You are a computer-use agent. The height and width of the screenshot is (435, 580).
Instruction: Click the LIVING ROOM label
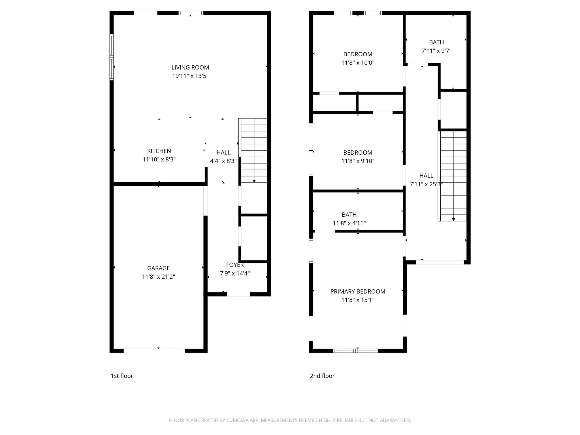click(x=190, y=67)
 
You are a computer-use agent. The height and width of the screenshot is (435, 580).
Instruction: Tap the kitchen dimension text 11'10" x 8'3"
click(x=159, y=159)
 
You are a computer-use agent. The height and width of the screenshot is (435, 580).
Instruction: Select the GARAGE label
click(x=158, y=268)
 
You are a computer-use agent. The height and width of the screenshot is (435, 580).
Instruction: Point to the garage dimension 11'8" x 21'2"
click(x=158, y=277)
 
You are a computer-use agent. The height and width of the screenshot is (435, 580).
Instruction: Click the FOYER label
click(x=235, y=265)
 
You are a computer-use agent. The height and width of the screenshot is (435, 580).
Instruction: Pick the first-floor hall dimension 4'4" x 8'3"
click(x=223, y=161)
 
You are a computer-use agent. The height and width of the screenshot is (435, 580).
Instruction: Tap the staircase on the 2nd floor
click(x=453, y=176)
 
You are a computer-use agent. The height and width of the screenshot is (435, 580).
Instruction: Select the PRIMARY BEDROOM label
click(x=358, y=291)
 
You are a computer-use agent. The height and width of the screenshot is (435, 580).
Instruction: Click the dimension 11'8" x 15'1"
click(x=358, y=300)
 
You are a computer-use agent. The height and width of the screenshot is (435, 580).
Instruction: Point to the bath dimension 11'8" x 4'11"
click(x=349, y=223)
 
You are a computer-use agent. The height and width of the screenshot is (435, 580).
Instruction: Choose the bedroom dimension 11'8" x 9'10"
click(x=358, y=161)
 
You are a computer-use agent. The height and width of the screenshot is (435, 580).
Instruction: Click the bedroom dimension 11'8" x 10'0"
click(x=358, y=63)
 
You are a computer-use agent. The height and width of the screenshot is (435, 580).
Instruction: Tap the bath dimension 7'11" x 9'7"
click(x=436, y=51)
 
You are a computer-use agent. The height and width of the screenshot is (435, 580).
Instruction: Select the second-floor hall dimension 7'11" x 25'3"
click(x=426, y=184)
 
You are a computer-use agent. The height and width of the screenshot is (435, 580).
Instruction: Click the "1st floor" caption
click(x=122, y=376)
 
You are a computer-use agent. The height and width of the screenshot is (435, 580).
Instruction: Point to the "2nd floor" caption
click(x=322, y=376)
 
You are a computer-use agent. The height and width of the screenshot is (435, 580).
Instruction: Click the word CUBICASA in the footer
click(x=237, y=420)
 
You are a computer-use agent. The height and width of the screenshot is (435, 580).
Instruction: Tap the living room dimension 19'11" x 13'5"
click(x=190, y=76)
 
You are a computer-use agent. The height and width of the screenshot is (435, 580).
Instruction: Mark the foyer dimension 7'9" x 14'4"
click(x=235, y=273)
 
